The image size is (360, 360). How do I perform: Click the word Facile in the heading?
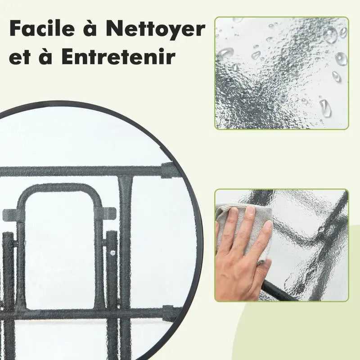click(42, 28)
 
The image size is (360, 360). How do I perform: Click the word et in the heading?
click(20, 58)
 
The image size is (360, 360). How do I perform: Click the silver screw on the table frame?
click(112, 252)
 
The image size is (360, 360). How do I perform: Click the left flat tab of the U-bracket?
click(10, 214)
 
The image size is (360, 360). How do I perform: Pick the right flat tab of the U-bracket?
click(108, 213)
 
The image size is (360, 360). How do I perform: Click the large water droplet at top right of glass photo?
click(330, 35)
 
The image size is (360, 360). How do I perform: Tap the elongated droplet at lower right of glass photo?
click(325, 108)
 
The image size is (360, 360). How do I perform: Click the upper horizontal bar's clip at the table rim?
click(167, 170)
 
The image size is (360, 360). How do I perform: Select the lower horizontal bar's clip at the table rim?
click(169, 313)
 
